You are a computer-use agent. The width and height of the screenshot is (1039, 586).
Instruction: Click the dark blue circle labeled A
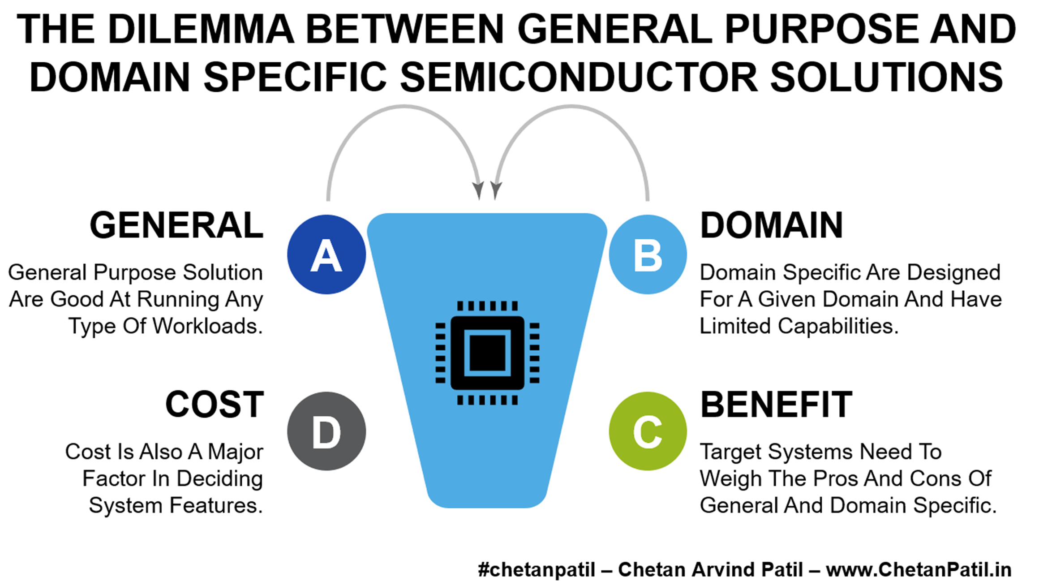pos(326,254)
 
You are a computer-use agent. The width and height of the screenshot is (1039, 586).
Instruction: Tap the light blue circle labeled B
pos(648,254)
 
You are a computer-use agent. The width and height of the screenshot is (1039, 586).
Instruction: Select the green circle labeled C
pos(648,431)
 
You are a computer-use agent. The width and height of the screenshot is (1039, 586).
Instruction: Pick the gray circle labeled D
pos(326,431)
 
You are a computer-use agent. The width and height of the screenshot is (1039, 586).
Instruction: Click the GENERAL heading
pos(176,225)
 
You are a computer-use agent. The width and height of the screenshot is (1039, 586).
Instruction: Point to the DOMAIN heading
pos(771,225)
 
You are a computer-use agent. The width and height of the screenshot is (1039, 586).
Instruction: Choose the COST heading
pos(215,405)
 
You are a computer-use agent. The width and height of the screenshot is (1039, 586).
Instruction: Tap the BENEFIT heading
pos(776,405)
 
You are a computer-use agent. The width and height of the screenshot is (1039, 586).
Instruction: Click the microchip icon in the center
pos(487,353)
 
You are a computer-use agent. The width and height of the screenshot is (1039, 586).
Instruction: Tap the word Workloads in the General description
pos(207,326)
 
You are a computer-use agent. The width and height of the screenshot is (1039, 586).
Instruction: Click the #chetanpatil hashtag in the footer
pos(536,570)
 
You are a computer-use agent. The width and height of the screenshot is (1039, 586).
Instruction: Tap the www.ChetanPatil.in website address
pos(919,570)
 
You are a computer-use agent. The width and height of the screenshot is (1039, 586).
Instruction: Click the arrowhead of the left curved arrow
pos(478,190)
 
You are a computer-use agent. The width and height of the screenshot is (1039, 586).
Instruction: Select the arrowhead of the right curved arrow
pos(496,190)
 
